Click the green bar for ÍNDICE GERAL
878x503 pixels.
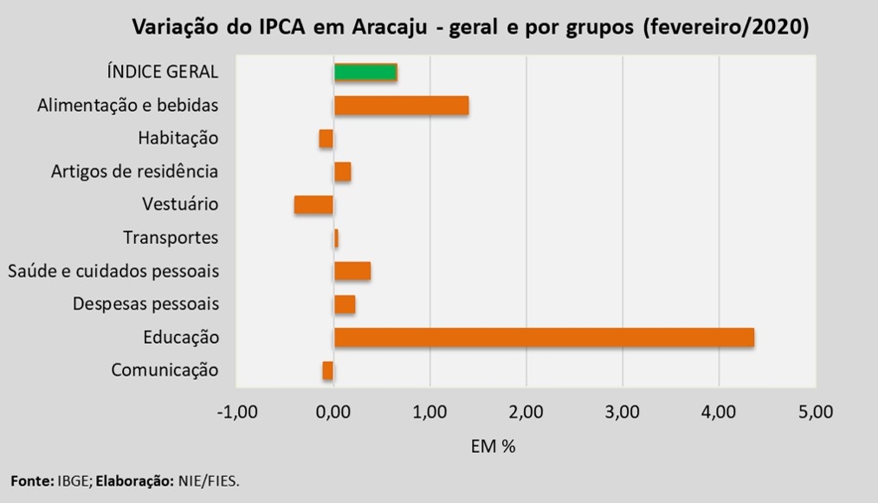pos(365,72)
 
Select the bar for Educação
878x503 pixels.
pos(544,338)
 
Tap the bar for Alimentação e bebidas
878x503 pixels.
pos(401,106)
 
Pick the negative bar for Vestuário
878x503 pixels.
pos(313,205)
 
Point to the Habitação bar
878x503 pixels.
pos(326,139)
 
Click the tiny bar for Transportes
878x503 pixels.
pos(336,238)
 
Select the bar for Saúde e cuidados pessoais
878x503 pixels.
pos(352,271)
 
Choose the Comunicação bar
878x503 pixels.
pos(327,371)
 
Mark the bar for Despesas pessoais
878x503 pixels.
pos(345,305)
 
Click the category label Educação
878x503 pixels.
pos(181,338)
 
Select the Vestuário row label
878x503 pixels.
pos(180,205)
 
